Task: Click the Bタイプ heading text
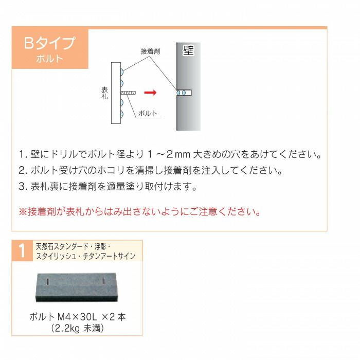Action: point(49,43)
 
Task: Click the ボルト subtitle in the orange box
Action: point(50,59)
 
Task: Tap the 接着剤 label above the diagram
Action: point(150,51)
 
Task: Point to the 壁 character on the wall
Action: point(188,51)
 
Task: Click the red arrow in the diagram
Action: point(150,93)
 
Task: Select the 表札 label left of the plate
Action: point(104,93)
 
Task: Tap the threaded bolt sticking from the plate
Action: point(128,93)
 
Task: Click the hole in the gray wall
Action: point(184,93)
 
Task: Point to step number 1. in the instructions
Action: point(23,154)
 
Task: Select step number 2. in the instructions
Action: point(23,170)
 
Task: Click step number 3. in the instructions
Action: point(23,186)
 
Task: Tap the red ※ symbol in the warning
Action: point(22,211)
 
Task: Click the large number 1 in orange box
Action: point(22,251)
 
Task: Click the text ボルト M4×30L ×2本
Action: point(77,317)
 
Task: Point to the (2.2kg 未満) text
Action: point(77,328)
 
